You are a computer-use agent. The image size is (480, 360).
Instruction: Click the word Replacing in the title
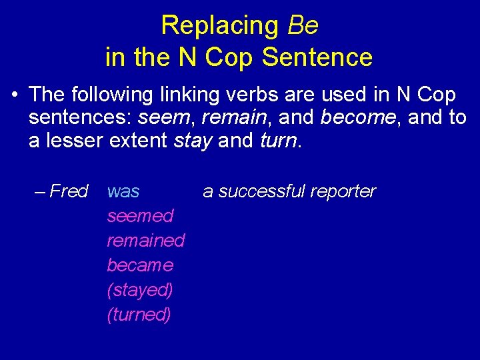[x=221, y=26]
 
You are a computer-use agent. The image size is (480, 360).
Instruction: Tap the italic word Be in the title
[x=303, y=26]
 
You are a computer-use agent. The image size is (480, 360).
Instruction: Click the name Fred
[x=69, y=192]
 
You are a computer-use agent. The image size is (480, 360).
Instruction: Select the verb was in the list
[x=123, y=192]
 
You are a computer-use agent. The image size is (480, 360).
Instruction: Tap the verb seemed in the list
[x=140, y=216]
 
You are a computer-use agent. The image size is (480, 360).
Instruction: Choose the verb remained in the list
[x=145, y=240]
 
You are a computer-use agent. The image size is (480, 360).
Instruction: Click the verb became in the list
[x=140, y=265]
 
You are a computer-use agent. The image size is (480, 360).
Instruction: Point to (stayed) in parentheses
[x=140, y=290]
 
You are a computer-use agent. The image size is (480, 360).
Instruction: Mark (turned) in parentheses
[x=139, y=314]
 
